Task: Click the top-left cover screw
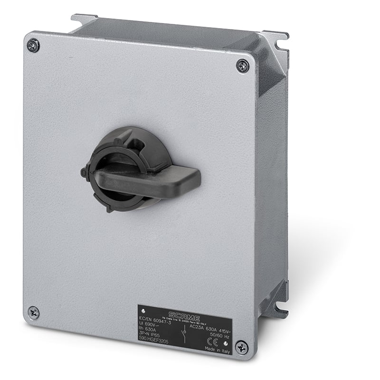(33, 46)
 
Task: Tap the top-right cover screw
(243, 66)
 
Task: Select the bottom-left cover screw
(33, 313)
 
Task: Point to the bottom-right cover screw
(241, 347)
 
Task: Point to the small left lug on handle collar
(85, 172)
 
